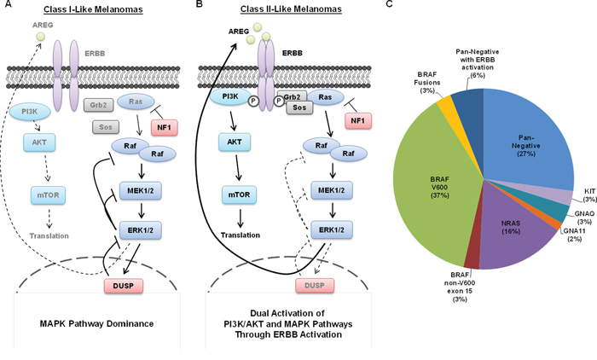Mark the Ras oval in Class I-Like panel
point(133,102)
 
